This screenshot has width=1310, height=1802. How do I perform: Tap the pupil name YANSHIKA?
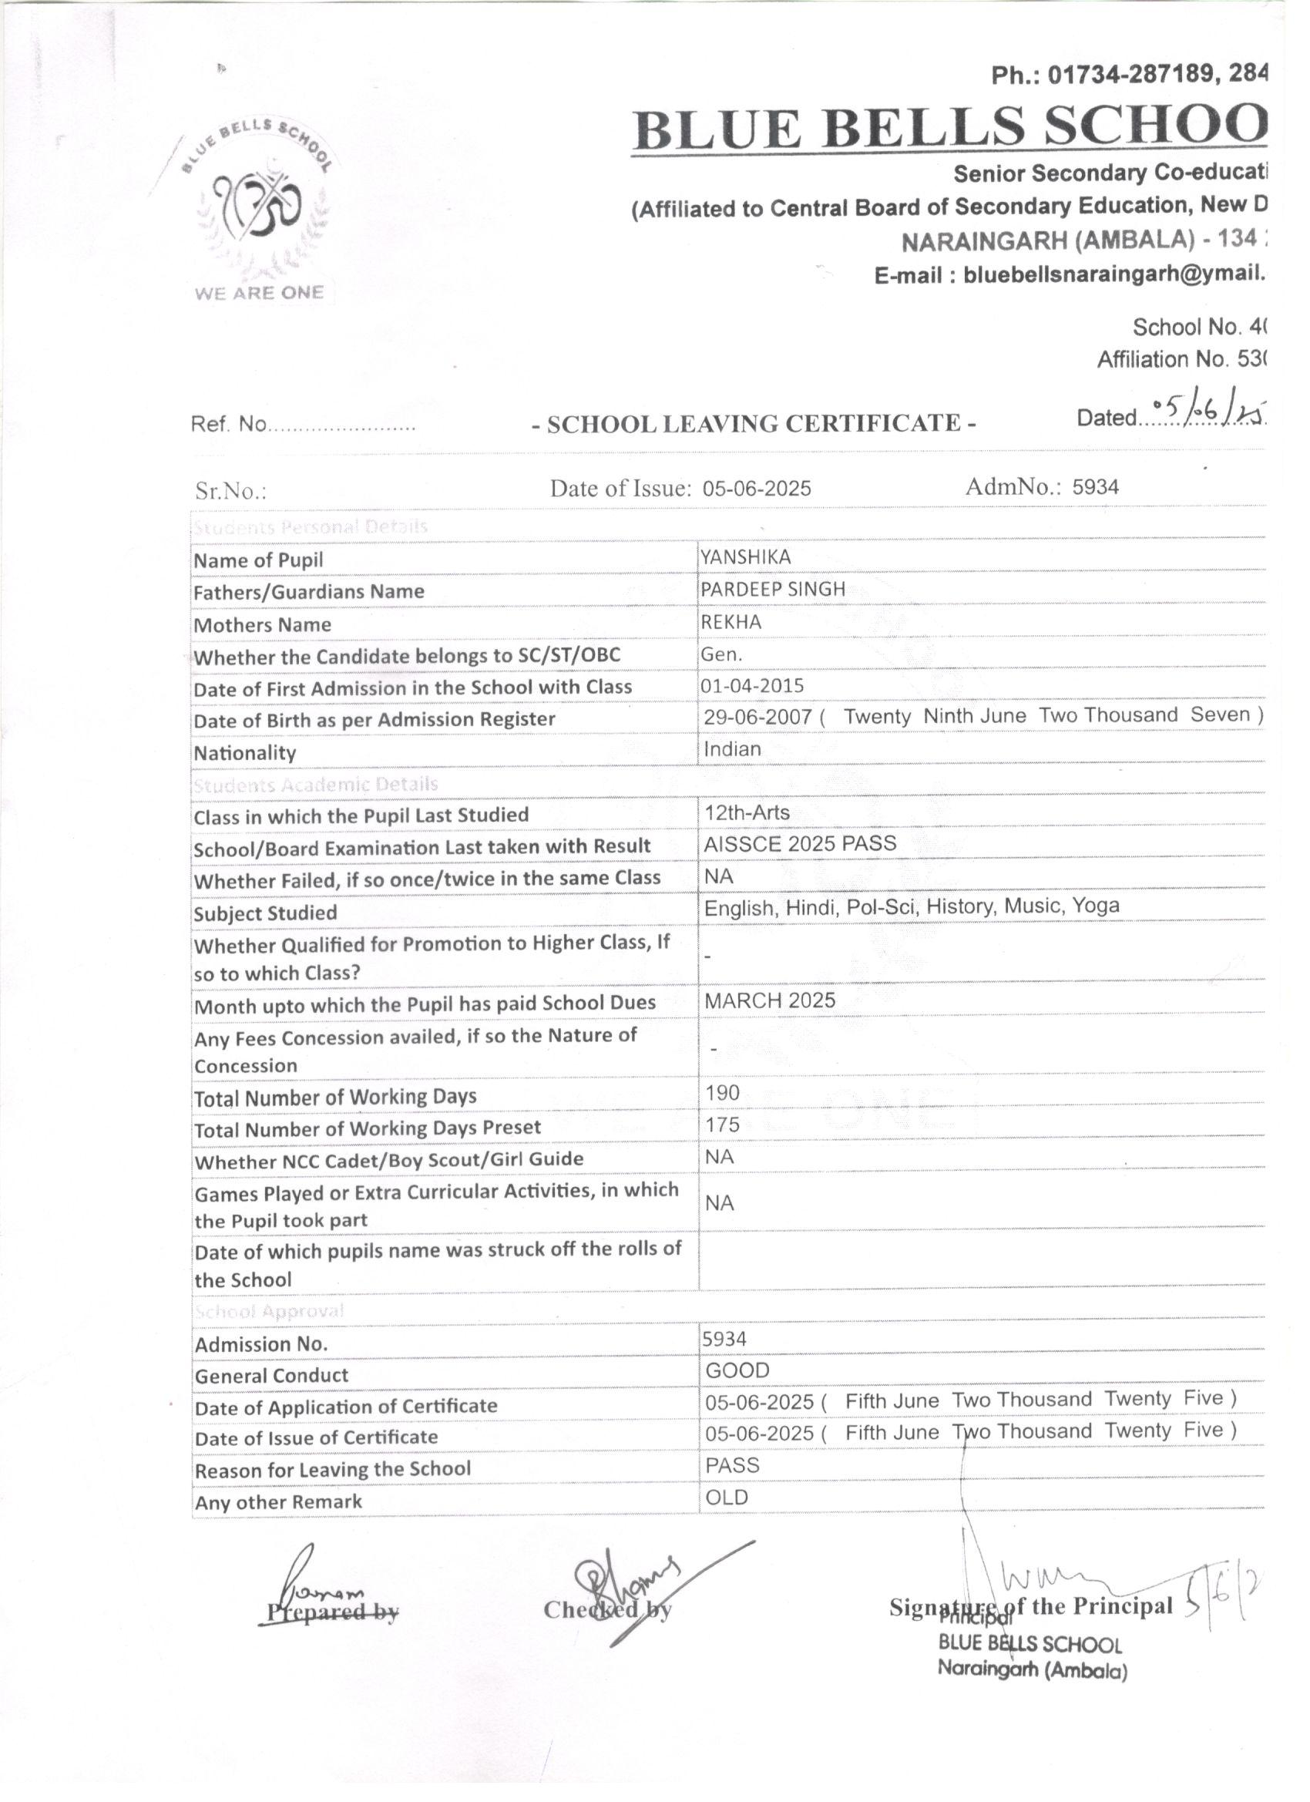coord(745,558)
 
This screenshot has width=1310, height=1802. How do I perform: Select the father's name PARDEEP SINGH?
coord(772,590)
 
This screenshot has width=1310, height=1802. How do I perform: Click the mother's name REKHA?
coord(730,622)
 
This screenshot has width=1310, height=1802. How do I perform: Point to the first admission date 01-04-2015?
coord(752,686)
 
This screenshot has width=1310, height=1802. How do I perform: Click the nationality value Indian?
coord(731,749)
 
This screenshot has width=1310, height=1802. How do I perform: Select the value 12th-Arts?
coord(747,812)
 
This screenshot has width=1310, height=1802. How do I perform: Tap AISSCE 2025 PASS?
coord(799,844)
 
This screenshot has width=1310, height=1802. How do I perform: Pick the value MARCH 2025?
coord(770,1000)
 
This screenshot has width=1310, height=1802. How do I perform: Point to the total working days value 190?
coord(722,1092)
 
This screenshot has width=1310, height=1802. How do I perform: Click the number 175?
coord(722,1125)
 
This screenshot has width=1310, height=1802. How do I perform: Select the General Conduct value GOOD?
coord(737,1370)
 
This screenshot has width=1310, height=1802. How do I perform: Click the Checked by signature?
coord(627,1585)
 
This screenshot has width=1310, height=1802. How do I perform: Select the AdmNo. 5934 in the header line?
coord(1095,487)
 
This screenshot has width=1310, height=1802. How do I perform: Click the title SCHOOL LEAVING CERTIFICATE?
coord(753,423)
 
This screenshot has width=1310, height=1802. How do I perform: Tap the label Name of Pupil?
coord(258,560)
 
